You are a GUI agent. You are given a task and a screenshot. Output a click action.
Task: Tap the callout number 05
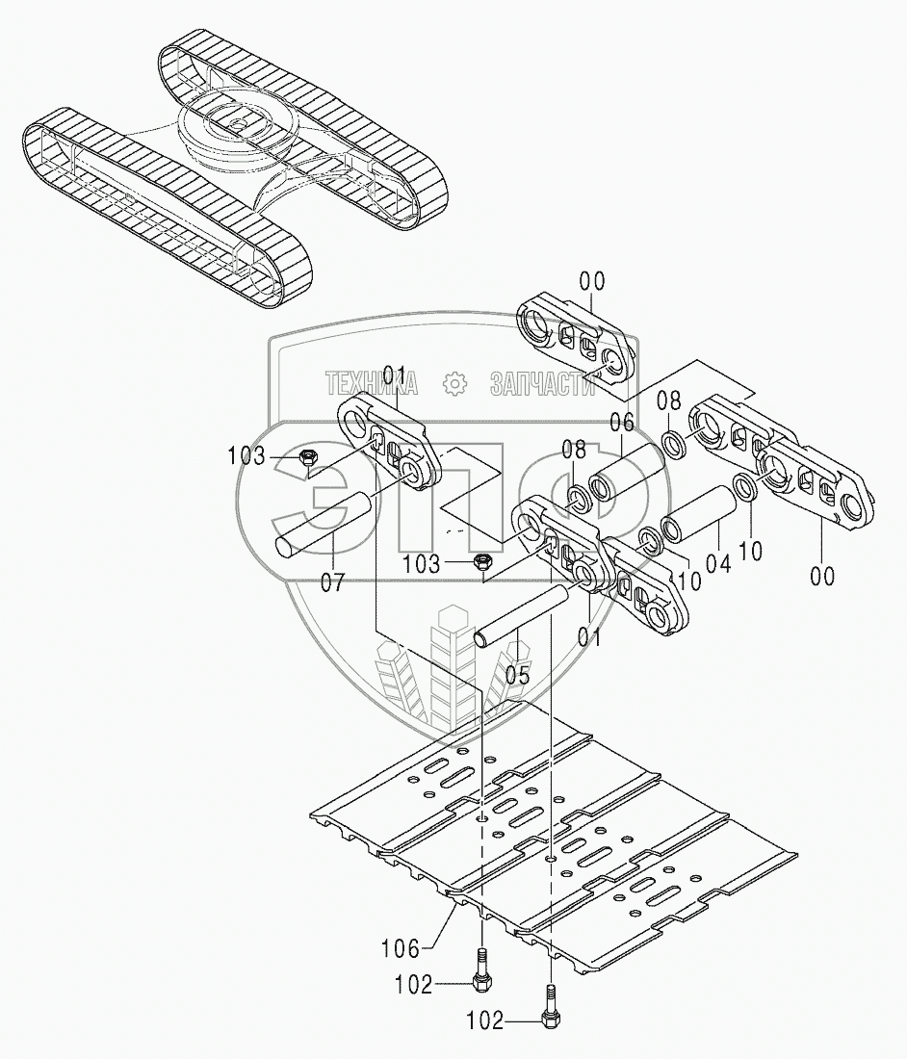pos(517,675)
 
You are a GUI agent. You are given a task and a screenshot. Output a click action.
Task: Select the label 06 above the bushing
pos(622,421)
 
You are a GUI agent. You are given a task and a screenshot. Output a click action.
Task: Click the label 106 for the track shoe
pos(401,949)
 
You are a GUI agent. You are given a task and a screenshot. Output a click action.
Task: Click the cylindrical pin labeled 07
pos(327,526)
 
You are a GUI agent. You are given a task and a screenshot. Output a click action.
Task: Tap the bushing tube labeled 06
pos(627,478)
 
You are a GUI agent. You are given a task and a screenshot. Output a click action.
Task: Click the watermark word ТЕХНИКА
pos(372,384)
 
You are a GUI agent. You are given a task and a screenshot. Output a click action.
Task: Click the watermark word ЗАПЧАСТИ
pos(542,384)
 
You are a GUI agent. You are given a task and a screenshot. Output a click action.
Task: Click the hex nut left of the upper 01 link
pos(308,457)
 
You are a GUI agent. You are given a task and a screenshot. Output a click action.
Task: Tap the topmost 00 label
pos(592,281)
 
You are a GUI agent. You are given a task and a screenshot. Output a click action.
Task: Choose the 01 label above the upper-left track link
pos(395,374)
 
